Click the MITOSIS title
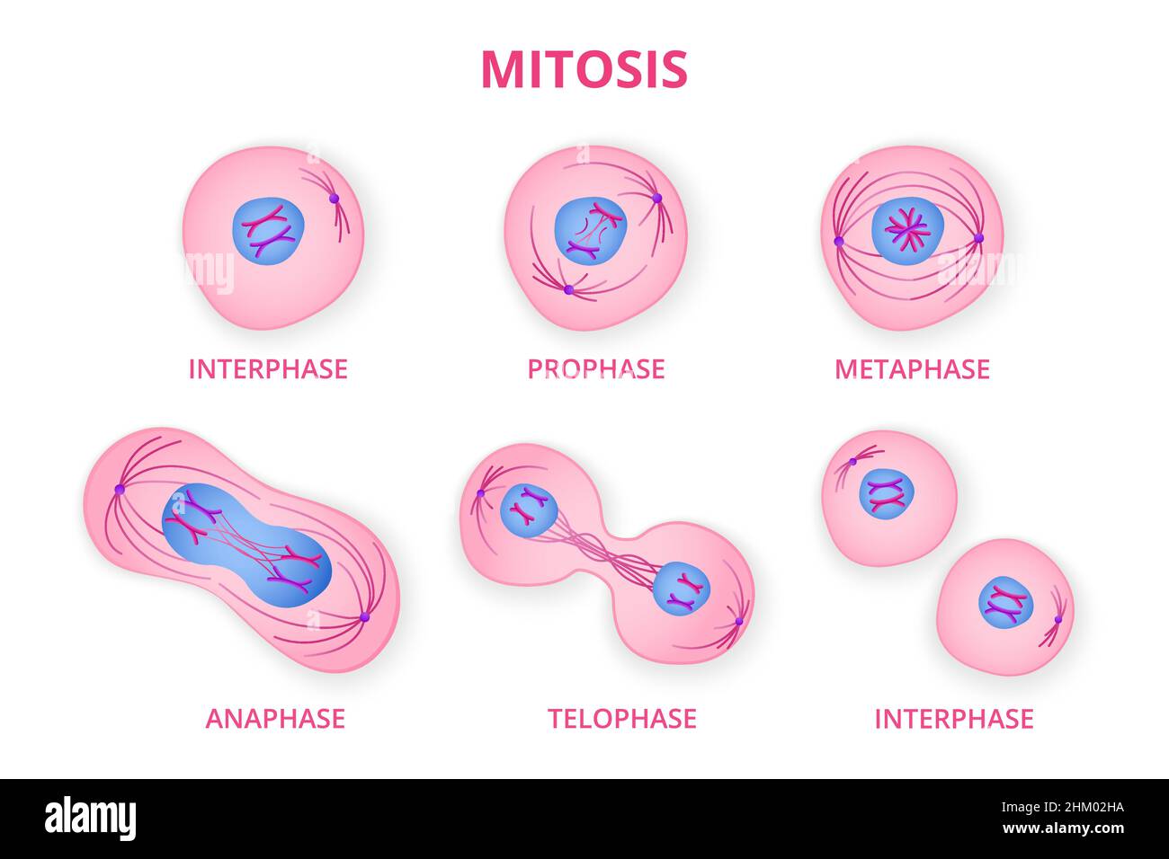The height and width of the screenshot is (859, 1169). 584,69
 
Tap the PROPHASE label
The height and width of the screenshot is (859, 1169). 596,369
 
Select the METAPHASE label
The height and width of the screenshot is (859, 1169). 912,369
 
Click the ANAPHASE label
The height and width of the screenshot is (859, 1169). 275,719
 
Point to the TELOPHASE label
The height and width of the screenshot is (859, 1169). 621,719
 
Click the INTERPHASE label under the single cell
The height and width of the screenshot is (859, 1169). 268,369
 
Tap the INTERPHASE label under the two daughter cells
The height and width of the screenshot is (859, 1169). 954,719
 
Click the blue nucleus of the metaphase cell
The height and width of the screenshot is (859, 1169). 908,231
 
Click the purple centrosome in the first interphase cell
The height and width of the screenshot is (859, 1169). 334,199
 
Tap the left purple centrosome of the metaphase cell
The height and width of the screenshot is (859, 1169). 839,242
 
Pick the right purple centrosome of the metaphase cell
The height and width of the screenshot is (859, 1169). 978,238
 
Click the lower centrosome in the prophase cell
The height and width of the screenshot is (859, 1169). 569,289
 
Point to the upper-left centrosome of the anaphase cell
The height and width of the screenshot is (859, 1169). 120,489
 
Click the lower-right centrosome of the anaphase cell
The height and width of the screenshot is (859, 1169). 364,617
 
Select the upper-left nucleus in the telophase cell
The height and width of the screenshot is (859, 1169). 529,511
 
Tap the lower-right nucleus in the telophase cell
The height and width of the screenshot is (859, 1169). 682,588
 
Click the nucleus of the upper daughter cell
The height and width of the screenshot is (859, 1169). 887,494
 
